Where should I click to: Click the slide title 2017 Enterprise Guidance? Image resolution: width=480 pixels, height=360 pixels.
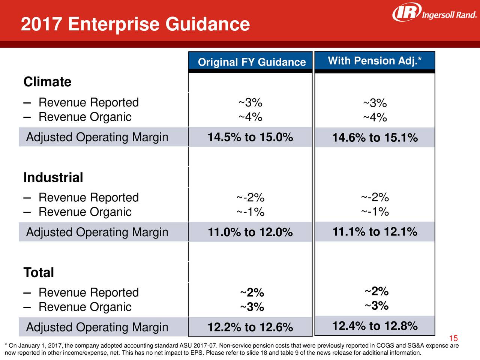(x=135, y=24)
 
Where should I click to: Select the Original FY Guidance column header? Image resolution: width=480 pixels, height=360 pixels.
(x=252, y=62)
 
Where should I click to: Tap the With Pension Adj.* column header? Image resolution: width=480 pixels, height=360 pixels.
(x=375, y=61)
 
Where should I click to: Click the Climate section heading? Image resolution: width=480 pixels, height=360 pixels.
(x=47, y=82)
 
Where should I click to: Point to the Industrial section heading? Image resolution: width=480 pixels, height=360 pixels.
(x=53, y=177)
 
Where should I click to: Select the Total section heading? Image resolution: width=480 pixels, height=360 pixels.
(x=39, y=273)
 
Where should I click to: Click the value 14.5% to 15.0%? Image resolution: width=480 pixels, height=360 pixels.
(x=250, y=137)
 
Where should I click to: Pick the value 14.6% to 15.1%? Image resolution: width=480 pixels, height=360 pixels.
(x=375, y=138)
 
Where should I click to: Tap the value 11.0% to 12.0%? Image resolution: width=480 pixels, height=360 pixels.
(x=250, y=232)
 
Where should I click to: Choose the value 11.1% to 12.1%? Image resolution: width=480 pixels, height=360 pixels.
(x=375, y=232)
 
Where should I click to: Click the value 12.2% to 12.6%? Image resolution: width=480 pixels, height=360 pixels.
(x=250, y=327)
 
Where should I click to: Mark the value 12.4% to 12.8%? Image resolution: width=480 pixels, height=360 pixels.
(x=375, y=326)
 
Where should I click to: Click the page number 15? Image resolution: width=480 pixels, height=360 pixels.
(x=453, y=338)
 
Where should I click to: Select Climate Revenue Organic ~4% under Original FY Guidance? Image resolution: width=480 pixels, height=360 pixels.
(x=250, y=117)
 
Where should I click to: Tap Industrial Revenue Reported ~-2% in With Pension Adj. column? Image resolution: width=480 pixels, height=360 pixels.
(x=375, y=197)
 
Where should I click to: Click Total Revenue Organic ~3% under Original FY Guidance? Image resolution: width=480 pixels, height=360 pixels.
(x=252, y=307)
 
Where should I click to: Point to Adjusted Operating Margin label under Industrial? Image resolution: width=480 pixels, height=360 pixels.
(x=97, y=232)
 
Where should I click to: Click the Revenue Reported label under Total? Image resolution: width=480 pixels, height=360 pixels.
(x=88, y=292)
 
